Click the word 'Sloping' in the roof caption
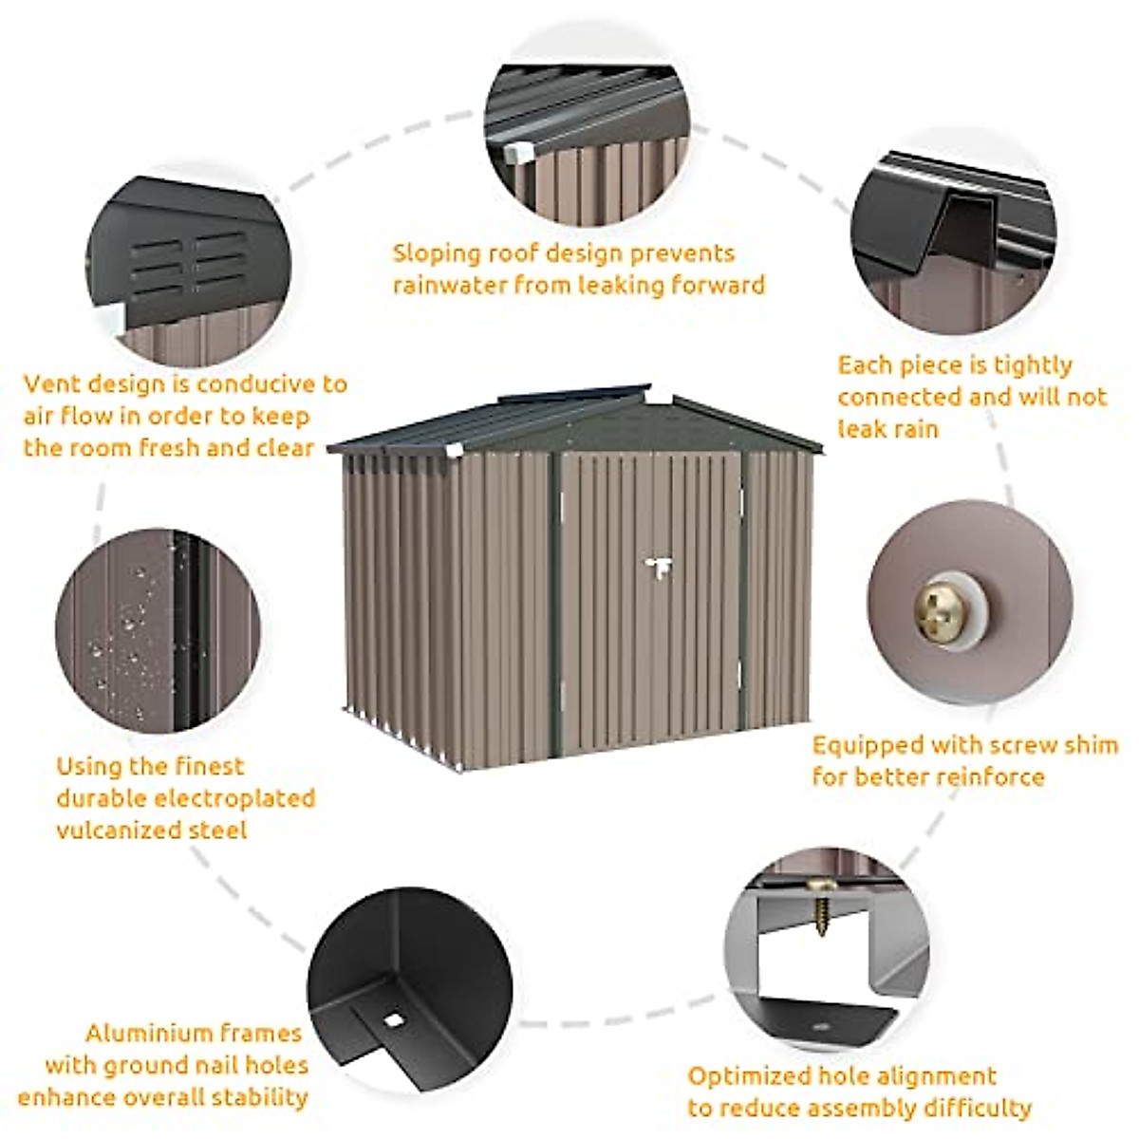click(x=437, y=254)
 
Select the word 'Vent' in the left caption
click(x=52, y=384)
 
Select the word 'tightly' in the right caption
click(x=1028, y=365)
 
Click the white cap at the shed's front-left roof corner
click(x=457, y=450)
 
